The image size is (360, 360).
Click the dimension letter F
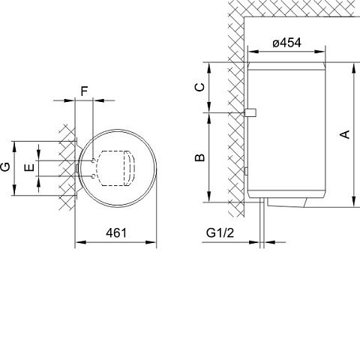point(84,91)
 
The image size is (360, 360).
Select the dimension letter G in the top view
point(6,166)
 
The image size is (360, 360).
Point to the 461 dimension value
point(115,232)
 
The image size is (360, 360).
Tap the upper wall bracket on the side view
point(249,112)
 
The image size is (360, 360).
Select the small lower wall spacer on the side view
point(246,172)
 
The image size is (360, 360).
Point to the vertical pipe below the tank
point(262,221)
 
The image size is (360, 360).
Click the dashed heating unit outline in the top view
point(112,167)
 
